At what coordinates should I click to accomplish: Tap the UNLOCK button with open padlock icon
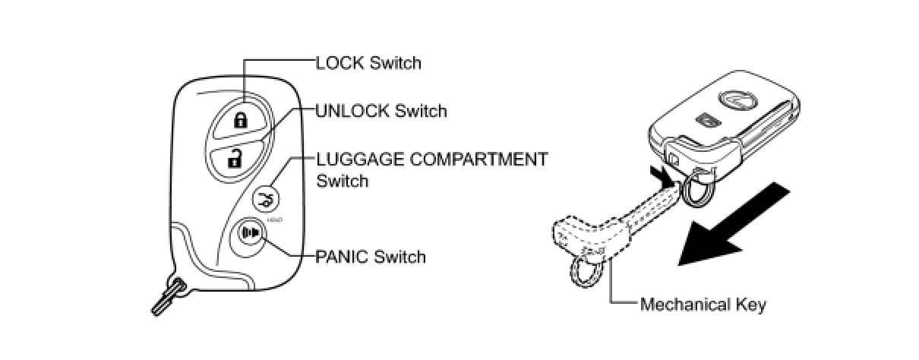236,158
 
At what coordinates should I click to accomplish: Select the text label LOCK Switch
368,62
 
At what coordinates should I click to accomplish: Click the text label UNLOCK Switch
381,112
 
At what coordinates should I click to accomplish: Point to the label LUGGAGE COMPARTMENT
431,159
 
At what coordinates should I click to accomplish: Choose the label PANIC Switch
371,257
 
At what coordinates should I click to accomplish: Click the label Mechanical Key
703,305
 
